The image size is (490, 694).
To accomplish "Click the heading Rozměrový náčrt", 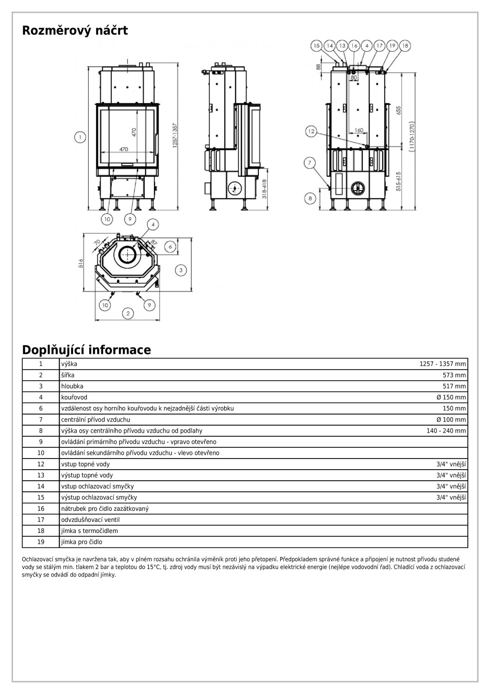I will point(75,31).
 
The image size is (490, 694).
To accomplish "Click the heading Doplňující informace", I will point(86,350).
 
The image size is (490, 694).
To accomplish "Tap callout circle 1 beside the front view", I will point(80,137).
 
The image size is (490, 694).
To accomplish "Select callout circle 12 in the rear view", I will point(311,132).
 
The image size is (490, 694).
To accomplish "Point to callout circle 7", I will point(310,162).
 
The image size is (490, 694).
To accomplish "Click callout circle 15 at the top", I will point(316,46).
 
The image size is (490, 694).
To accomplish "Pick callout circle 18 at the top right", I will point(405,46).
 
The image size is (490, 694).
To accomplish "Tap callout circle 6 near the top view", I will point(170,247).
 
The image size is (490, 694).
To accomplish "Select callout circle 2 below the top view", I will point(128,313).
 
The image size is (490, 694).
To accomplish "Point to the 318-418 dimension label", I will point(264,189).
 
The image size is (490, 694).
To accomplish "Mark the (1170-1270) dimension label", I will point(411,137).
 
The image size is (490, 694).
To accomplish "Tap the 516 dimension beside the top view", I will point(80,264).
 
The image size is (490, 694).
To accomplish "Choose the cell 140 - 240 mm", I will point(446,431).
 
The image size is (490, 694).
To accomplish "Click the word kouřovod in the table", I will point(74,397).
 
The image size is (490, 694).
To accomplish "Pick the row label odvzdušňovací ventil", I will point(90,520).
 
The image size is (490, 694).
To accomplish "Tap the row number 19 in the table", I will point(41,542).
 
